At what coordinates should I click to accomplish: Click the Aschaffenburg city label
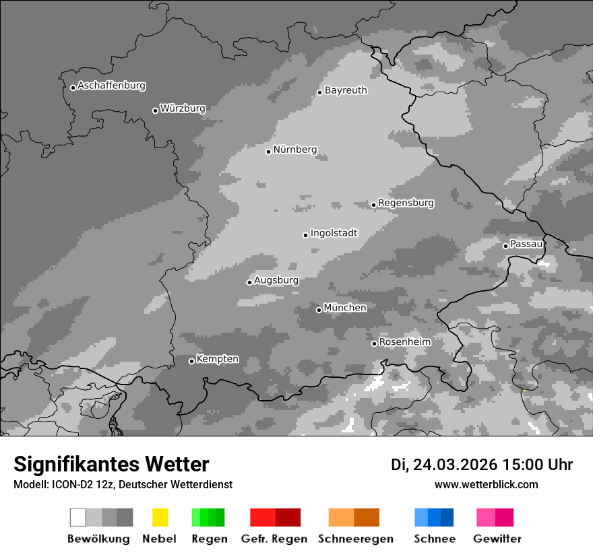[111, 86]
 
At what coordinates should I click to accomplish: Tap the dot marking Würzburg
[155, 110]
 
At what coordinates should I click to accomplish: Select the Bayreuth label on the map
[346, 90]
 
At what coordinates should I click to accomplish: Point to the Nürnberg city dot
[268, 152]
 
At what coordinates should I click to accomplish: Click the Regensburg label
[406, 203]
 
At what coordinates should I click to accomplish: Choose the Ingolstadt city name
[334, 233]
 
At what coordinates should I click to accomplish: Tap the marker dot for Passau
[505, 246]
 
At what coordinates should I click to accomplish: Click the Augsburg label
[276, 280]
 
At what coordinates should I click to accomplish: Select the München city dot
[319, 310]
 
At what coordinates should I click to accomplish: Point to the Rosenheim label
[404, 342]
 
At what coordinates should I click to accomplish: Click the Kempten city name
[217, 359]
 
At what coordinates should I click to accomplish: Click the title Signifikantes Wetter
[111, 464]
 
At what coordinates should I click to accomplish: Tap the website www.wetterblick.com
[486, 484]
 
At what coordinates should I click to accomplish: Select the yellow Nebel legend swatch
[160, 517]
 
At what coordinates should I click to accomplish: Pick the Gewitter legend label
[497, 539]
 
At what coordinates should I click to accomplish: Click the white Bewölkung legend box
[78, 517]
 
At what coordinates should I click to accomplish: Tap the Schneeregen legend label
[356, 539]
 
